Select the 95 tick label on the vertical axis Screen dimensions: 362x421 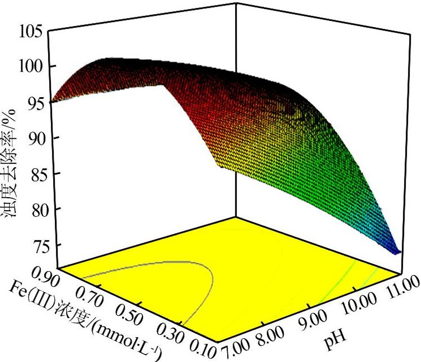[x=33, y=102]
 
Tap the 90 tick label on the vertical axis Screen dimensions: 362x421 [x=33, y=138]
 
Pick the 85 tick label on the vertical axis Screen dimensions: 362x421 [x=33, y=173]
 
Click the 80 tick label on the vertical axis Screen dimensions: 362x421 [x=33, y=209]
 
